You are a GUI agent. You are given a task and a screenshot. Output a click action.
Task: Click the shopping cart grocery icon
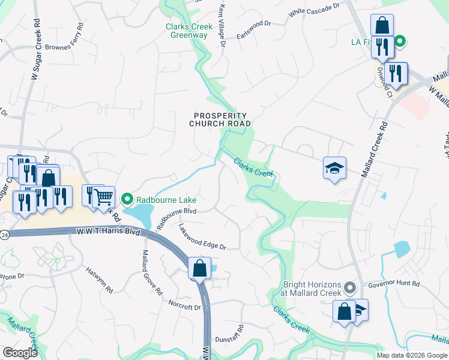pos(104,196)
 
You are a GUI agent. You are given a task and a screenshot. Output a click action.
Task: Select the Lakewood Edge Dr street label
pos(202,236)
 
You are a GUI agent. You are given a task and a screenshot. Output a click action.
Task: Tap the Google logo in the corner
pos(20,353)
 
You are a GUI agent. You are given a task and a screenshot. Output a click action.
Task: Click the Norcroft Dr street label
pos(184,305)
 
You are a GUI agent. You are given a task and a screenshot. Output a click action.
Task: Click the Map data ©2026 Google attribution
pos(412,355)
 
